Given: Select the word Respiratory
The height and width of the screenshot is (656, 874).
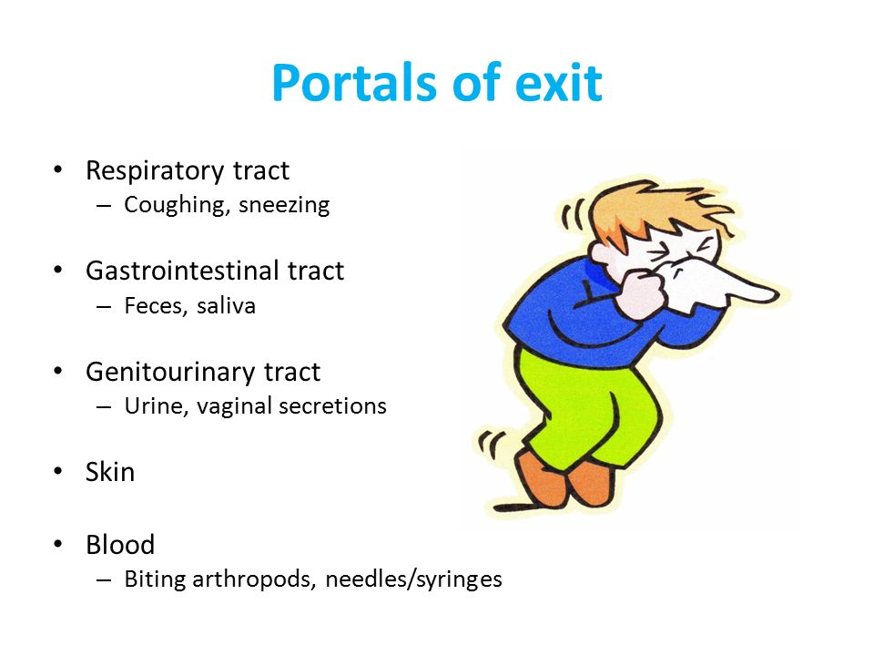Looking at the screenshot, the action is (155, 171).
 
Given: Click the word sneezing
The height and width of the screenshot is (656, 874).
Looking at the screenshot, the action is (284, 205).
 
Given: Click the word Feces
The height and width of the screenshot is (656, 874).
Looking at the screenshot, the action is (156, 306).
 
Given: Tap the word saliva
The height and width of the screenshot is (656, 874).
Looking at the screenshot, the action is (226, 306).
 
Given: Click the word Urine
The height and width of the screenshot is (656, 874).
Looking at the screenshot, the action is (156, 406).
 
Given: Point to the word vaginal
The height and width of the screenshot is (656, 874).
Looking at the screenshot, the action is (234, 407).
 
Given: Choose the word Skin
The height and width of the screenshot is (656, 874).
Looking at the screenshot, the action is (110, 472).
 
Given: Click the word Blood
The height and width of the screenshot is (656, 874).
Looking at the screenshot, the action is (120, 545).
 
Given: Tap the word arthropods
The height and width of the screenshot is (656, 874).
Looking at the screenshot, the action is (254, 579).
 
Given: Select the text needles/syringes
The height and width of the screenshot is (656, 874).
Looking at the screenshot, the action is (413, 579).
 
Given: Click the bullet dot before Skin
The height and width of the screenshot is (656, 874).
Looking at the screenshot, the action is (58, 471).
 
